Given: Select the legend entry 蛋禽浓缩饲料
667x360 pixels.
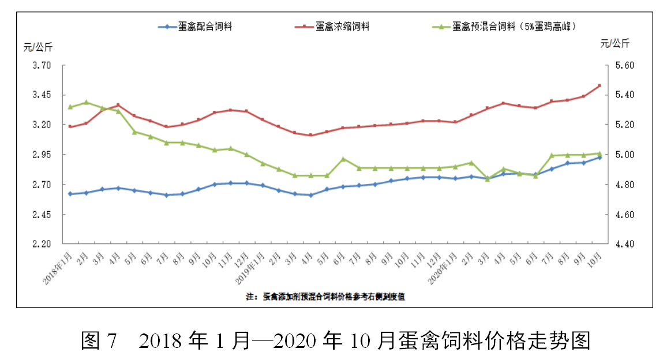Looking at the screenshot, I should point(343,27).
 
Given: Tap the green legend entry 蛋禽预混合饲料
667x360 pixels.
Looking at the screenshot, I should point(515,27).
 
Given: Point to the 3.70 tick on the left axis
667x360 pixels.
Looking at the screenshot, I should point(42,66).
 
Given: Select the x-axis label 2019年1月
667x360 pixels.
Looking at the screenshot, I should point(250,268).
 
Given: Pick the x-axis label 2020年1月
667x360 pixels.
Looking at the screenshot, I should point(444,268).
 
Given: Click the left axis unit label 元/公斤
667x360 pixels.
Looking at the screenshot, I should point(38,47).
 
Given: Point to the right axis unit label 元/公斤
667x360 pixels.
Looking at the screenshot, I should point(614,43).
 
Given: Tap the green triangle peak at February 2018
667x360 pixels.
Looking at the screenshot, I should point(86,103).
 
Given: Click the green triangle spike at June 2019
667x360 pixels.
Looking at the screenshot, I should point(343,159).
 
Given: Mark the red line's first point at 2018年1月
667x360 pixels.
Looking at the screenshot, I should point(70,126).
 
